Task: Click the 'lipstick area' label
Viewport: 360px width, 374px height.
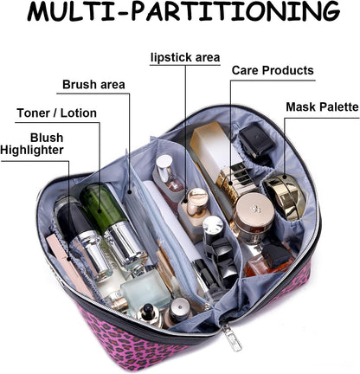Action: click(x=185, y=57)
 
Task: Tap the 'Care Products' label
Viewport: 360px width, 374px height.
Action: click(x=273, y=70)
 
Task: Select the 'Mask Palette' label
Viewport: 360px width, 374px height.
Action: click(x=322, y=106)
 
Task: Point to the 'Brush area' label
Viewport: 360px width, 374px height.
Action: click(x=93, y=85)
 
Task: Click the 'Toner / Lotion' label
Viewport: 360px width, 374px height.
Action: click(x=57, y=113)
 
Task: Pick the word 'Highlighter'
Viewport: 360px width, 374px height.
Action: click(x=32, y=150)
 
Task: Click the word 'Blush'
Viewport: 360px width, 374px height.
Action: click(x=47, y=138)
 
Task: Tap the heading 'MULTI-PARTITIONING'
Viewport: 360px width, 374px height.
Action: click(x=183, y=11)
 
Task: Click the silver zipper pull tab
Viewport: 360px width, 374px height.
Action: click(x=232, y=339)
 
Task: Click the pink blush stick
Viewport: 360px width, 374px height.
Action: click(x=70, y=267)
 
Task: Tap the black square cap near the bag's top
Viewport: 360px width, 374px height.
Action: click(x=256, y=140)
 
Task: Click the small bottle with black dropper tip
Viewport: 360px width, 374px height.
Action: click(x=149, y=314)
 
